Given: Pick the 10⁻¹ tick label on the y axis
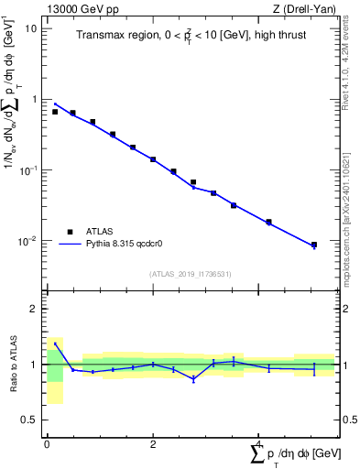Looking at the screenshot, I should tap(28, 171).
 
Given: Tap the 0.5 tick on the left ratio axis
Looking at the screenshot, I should tap(31, 420).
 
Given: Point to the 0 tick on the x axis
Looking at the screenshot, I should tap(47, 444).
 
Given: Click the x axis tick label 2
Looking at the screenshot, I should tap(153, 444).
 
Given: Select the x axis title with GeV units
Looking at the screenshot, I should tap(292, 454).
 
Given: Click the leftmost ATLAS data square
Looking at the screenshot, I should tap(55, 112).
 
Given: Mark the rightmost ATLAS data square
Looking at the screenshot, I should tap(314, 245).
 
